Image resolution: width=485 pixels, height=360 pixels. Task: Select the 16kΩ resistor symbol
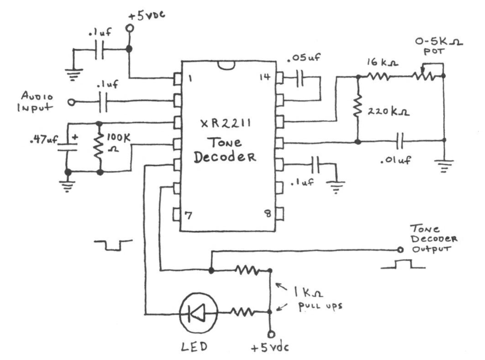(x=377, y=76)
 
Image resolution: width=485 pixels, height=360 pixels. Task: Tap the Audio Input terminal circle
(x=71, y=102)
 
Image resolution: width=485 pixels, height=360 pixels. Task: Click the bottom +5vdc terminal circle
(x=270, y=333)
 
